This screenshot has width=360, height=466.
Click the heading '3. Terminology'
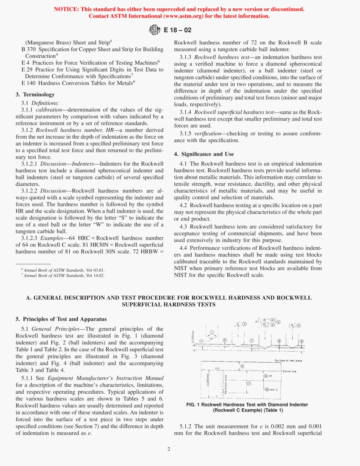pyautogui.click(x=35, y=95)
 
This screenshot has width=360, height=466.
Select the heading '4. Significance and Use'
pyautogui.click(x=204, y=154)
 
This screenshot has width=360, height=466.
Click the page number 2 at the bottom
pyautogui.click(x=169, y=449)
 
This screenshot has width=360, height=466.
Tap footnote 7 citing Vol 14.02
pyautogui.click(x=63, y=275)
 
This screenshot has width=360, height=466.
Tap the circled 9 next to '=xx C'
pyautogui.click(x=267, y=389)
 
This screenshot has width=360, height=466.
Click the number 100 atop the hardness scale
pyautogui.click(x=217, y=368)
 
